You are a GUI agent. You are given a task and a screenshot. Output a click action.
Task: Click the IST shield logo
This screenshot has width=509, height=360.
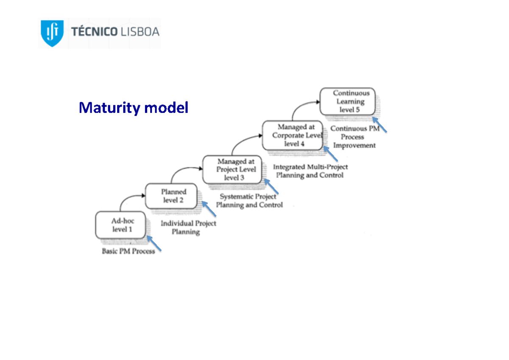[52, 33]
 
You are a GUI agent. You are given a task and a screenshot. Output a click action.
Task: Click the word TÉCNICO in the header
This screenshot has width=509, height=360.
[95, 32]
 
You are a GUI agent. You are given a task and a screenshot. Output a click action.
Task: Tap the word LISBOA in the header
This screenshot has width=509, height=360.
[140, 32]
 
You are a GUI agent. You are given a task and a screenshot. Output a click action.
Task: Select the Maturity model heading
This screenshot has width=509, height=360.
[133, 108]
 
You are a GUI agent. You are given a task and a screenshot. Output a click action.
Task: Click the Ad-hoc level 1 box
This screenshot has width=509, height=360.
[121, 225]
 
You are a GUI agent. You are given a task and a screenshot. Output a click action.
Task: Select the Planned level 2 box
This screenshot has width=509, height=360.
[172, 196]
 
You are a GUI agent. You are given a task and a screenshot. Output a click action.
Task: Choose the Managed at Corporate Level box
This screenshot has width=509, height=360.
[293, 135]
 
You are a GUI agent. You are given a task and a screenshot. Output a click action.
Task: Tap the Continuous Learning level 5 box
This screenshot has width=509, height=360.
[347, 101]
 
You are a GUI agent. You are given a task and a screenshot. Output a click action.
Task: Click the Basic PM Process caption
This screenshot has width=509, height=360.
[128, 251]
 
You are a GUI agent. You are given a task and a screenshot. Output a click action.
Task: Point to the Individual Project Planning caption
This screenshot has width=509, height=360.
[187, 228]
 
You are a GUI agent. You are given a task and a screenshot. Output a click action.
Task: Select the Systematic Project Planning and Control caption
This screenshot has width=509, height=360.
[249, 201]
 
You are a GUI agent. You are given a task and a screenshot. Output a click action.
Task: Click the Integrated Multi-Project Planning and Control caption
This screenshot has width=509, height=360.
[310, 171]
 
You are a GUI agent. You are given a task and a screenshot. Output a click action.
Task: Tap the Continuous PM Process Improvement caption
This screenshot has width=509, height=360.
[354, 137]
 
